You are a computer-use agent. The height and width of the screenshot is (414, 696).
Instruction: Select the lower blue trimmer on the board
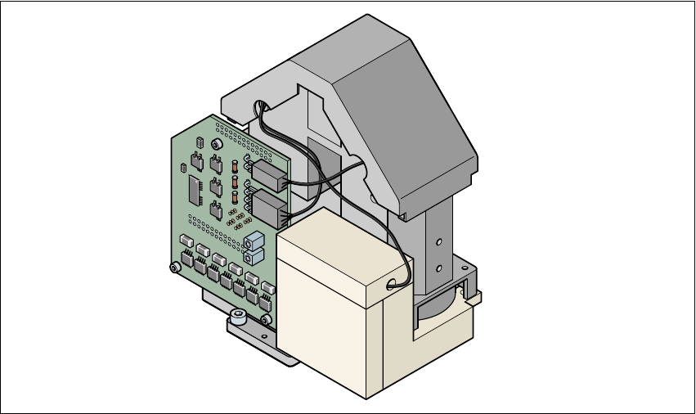[x=255, y=257]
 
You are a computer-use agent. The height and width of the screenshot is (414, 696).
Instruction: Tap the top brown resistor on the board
[x=236, y=166]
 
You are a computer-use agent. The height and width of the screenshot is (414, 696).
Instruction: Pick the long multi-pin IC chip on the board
[x=195, y=189]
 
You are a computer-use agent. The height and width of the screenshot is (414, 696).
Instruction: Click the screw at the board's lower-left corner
[x=174, y=267]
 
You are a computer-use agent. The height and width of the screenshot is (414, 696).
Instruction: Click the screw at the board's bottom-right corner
[x=265, y=318]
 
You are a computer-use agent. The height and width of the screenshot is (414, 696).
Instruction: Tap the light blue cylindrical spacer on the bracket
[x=237, y=316]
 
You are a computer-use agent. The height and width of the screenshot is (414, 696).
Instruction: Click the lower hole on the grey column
[x=439, y=267]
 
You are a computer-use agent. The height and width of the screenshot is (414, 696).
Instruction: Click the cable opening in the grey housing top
[x=263, y=106]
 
